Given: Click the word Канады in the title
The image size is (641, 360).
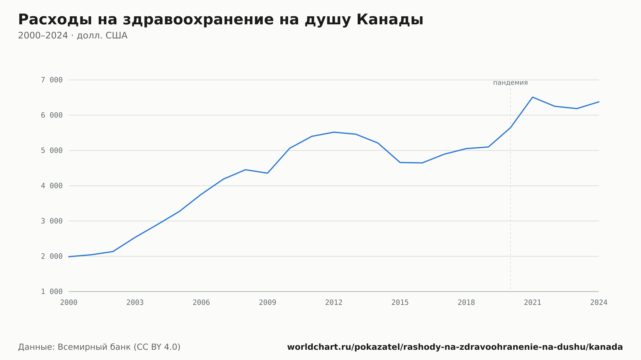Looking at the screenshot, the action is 390,20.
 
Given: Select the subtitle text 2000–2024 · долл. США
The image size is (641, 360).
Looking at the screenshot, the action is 73,36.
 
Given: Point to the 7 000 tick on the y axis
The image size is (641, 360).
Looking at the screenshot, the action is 52,80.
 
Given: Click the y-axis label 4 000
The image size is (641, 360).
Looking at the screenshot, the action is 52,186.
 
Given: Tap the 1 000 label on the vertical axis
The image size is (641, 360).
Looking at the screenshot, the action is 52,292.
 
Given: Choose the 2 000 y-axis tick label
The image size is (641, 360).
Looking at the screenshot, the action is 52,256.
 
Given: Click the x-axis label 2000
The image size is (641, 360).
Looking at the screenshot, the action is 69,303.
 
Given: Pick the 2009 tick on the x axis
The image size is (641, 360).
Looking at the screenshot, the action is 268,303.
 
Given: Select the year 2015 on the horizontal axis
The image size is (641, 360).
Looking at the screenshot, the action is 400,303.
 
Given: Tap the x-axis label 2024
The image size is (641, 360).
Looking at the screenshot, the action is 599,303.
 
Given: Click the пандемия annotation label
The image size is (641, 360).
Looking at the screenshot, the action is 510,83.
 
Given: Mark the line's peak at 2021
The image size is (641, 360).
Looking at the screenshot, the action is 532,97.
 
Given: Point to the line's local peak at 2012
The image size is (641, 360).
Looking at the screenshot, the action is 334,132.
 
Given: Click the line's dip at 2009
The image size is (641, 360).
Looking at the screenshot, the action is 268,173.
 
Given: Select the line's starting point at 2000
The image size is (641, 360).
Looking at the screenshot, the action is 69,257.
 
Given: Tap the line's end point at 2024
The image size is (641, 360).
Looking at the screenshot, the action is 599,102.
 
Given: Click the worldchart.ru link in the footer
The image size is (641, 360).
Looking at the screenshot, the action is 455,347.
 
